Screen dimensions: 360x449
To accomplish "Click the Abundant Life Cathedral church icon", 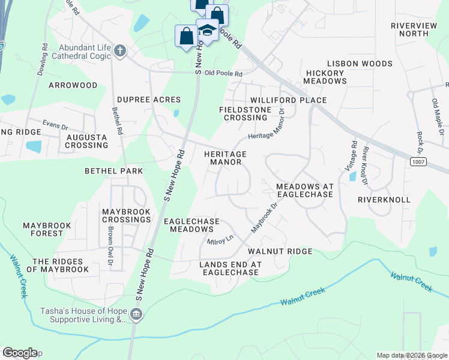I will click(120, 51).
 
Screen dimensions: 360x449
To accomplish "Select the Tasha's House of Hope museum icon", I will click(136, 315).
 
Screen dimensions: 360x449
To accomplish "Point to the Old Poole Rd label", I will click(223, 74).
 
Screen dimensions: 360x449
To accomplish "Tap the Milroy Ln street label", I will click(220, 241).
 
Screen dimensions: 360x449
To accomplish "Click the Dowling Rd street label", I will click(41, 58).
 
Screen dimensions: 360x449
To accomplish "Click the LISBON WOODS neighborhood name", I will click(360, 64).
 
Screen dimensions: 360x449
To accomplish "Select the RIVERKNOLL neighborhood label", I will click(384, 199).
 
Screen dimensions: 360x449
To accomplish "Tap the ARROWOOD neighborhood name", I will click(73, 85).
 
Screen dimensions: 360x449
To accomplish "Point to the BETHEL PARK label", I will click(113, 171).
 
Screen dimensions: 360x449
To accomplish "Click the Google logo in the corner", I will click(20, 353).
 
